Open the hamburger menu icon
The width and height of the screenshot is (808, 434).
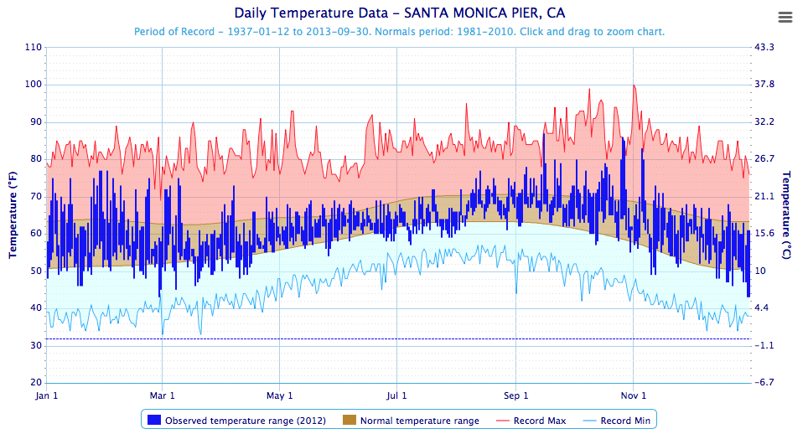(x=785, y=18)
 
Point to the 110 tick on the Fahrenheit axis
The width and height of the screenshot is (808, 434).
(x=34, y=48)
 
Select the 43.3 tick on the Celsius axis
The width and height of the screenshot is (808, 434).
(x=764, y=48)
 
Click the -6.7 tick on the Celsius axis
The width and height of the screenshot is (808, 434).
(x=764, y=383)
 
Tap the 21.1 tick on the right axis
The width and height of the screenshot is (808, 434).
(x=764, y=197)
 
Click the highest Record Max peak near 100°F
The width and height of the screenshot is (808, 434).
(x=634, y=85)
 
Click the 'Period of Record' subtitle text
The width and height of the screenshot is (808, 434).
(x=400, y=32)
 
